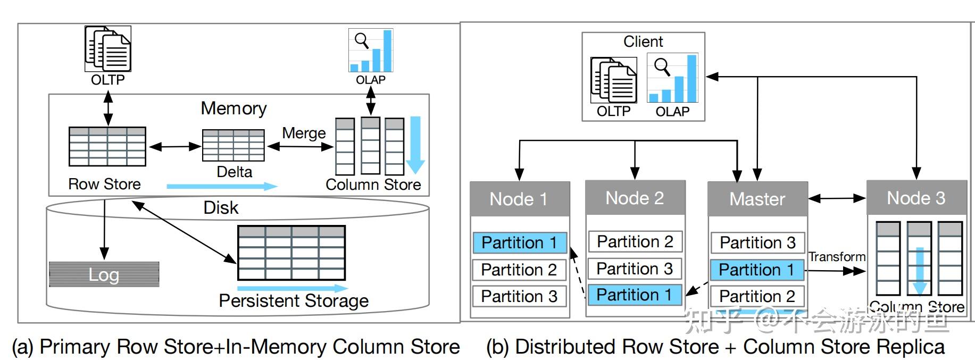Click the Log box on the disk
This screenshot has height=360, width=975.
click(104, 274)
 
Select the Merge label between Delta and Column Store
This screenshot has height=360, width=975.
click(303, 133)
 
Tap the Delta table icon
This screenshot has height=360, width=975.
click(233, 145)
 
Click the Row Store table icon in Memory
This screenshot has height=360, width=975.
click(107, 146)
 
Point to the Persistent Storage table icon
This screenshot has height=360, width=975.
click(291, 253)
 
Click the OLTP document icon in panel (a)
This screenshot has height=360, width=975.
click(108, 49)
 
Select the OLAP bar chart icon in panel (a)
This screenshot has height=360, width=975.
click(371, 51)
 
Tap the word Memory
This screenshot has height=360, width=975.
click(234, 108)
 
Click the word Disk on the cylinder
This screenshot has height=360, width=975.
click(221, 207)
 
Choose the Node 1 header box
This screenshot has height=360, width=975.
click(519, 199)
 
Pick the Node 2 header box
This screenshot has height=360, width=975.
click(635, 198)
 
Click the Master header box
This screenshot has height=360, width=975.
click(757, 199)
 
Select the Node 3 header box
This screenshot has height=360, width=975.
click(916, 198)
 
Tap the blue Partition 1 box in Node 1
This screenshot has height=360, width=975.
click(519, 242)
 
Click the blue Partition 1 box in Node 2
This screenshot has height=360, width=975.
click(634, 295)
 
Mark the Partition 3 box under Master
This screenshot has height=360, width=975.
click(757, 242)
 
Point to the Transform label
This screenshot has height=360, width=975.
click(837, 257)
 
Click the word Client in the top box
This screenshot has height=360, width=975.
click(643, 41)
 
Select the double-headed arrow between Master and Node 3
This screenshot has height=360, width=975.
click(837, 198)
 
